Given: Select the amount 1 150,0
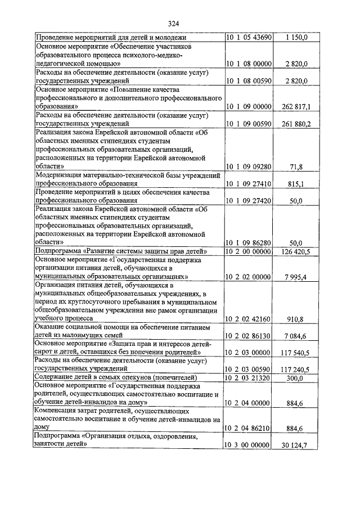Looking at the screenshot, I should tap(297, 38).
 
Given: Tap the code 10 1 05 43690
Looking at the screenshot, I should tap(249, 38).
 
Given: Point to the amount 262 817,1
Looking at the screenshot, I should tap(295, 106).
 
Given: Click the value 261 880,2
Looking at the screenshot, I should tap(295, 124).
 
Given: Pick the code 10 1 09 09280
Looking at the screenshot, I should tap(249, 167).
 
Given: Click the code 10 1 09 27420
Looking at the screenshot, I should tap(249, 201).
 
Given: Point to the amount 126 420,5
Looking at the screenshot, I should tap(295, 251).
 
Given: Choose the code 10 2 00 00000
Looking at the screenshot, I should tap(249, 251).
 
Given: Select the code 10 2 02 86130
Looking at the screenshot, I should tap(249, 336).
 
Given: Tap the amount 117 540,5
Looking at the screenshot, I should tap(295, 353).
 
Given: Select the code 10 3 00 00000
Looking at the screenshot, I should tap(249, 446).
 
